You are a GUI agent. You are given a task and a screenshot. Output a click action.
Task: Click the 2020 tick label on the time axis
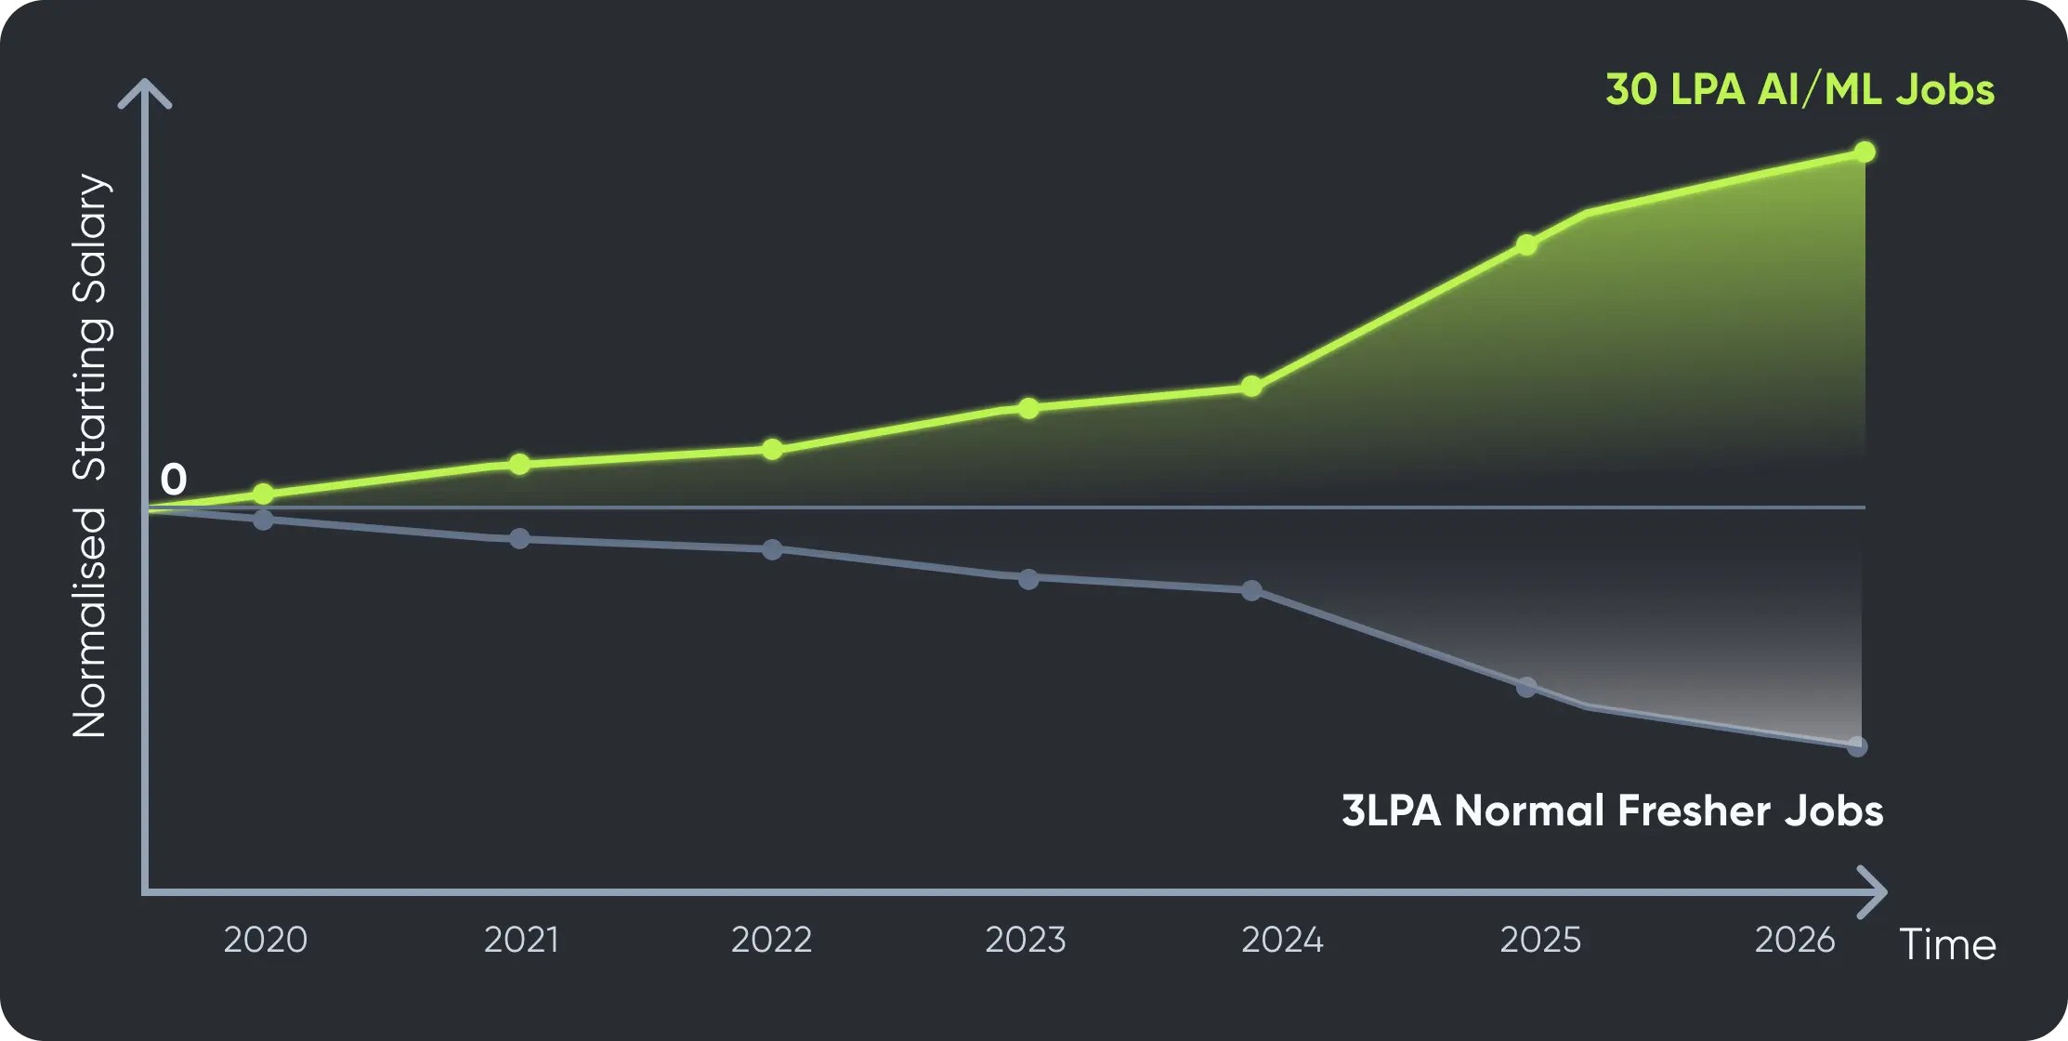[265, 940]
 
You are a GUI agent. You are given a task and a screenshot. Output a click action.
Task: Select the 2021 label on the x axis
[521, 940]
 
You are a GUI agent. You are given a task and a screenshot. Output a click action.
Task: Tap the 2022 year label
[771, 940]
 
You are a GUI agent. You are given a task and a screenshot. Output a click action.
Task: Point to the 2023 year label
[1026, 940]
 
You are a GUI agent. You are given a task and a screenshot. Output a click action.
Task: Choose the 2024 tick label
[1282, 940]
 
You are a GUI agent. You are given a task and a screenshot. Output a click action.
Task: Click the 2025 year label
[1540, 940]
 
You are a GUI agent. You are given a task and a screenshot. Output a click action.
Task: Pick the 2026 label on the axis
[1795, 940]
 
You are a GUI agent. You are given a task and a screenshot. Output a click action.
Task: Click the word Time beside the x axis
[1947, 945]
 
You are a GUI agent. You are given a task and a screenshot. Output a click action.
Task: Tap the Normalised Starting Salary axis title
[91, 455]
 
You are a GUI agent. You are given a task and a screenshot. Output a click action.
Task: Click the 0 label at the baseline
[174, 480]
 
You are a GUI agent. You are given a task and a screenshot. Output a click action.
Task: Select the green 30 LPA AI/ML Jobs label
[1800, 90]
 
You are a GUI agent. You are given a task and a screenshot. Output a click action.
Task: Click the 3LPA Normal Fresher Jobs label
[1612, 810]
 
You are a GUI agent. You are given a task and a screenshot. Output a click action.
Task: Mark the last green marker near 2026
[1864, 152]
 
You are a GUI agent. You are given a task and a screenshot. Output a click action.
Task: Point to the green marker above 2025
[1526, 245]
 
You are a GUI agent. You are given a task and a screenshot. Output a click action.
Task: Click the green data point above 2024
[1251, 387]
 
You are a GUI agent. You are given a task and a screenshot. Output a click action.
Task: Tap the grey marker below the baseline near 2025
[1526, 688]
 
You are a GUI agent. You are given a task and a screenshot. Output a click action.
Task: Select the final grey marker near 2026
[1857, 746]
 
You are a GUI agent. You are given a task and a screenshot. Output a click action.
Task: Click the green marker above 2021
[519, 464]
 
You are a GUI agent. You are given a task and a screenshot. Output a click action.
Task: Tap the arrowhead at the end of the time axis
[1875, 892]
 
